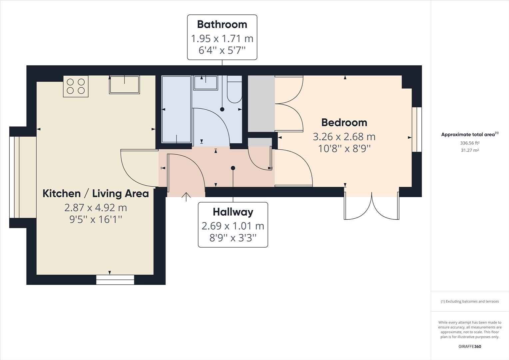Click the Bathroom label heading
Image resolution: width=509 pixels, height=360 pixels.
click(x=222, y=24)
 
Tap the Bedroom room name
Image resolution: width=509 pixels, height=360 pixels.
click(x=344, y=122)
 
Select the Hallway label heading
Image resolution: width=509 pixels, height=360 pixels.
click(x=233, y=212)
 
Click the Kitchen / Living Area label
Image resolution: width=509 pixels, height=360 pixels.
click(x=96, y=193)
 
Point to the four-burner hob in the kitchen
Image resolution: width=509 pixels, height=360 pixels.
click(x=76, y=86)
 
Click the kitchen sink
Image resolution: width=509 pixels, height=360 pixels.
click(x=124, y=85)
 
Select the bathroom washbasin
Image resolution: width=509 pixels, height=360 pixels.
click(x=205, y=83)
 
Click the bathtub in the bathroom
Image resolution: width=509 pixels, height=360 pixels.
click(x=176, y=109)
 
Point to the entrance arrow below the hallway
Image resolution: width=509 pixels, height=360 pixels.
click(x=186, y=197)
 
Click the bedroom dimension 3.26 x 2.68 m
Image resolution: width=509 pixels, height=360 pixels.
click(x=344, y=137)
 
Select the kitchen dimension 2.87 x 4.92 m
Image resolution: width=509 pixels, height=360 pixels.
click(x=96, y=208)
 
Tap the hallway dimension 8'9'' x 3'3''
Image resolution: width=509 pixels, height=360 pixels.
click(x=233, y=238)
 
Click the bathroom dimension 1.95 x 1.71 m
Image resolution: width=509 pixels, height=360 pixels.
click(x=222, y=39)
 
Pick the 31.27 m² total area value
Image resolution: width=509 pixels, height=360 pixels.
click(x=470, y=150)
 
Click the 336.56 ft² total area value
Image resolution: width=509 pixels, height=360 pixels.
click(x=470, y=143)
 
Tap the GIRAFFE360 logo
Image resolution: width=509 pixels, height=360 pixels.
click(x=470, y=346)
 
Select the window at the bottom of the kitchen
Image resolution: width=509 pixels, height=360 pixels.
click(x=115, y=280)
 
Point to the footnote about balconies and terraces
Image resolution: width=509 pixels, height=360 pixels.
click(x=470, y=301)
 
